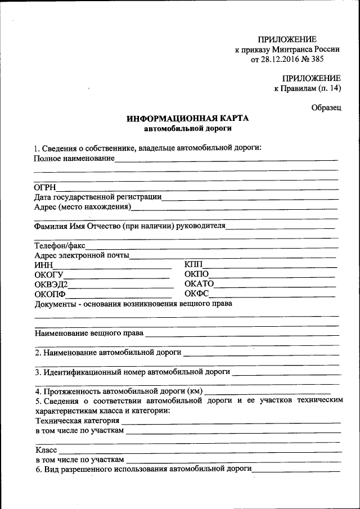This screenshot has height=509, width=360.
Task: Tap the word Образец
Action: [x=326, y=107]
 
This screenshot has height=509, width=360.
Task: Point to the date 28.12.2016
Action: [x=278, y=59]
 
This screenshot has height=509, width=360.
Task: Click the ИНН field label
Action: [x=43, y=265]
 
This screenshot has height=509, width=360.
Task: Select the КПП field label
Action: [x=193, y=265]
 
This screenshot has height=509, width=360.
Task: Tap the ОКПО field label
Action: [x=196, y=274]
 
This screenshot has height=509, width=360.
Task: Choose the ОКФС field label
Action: [x=197, y=293]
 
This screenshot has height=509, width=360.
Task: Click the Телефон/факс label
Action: [x=60, y=246]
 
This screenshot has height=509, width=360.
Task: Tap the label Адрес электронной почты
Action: [x=82, y=255]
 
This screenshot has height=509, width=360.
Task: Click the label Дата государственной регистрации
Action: [x=98, y=197]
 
